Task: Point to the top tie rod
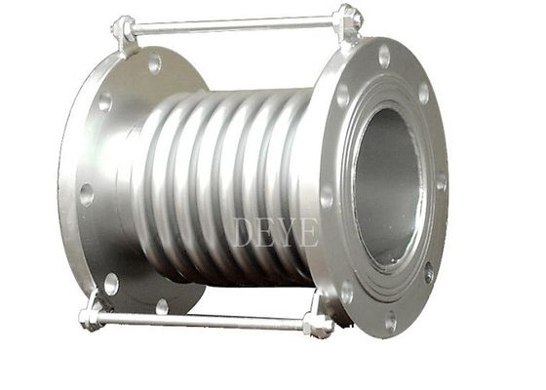(x=234, y=24)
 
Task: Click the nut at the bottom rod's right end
(x=318, y=326)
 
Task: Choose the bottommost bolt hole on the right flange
(x=391, y=320)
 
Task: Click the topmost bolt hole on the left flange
(x=154, y=62)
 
